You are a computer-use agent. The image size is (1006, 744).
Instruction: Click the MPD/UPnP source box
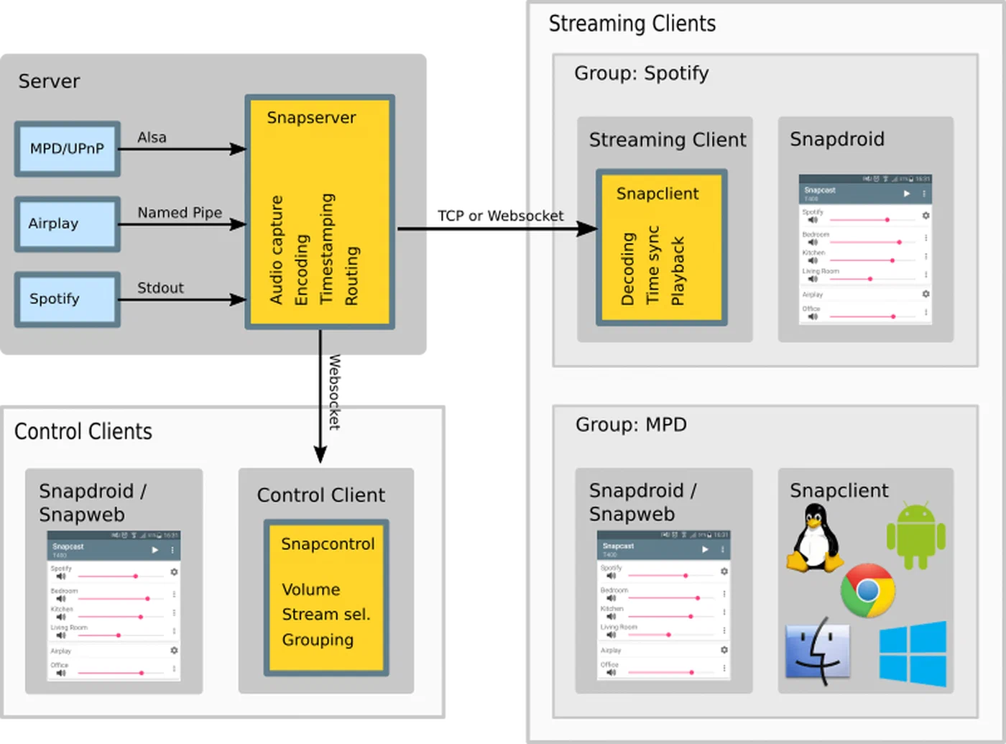(67, 149)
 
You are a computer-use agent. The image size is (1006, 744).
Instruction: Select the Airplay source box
(67, 224)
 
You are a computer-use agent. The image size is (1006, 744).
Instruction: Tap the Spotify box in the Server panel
(67, 299)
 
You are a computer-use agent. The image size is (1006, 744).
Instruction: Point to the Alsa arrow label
(152, 137)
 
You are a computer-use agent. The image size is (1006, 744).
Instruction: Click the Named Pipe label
(180, 213)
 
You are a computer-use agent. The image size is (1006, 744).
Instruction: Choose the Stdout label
(160, 288)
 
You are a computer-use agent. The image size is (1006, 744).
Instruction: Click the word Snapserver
(311, 118)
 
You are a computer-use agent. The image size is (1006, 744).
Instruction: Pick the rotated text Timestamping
(327, 248)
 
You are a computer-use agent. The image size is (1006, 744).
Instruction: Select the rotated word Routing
(351, 275)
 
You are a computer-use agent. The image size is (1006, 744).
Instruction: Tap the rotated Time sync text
(652, 265)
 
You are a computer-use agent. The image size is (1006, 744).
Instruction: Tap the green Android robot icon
(915, 536)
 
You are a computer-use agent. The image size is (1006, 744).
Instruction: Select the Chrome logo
(867, 591)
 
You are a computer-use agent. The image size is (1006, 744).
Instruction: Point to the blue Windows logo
(913, 654)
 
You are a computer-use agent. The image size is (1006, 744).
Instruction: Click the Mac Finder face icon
(818, 651)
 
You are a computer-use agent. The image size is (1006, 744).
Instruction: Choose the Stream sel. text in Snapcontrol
(326, 615)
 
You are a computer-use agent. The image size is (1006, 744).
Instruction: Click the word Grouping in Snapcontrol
(318, 640)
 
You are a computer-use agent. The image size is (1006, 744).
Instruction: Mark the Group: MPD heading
(631, 425)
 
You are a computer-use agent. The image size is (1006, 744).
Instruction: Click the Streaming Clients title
(632, 24)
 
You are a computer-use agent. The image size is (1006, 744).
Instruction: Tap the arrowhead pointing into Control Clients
(320, 454)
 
